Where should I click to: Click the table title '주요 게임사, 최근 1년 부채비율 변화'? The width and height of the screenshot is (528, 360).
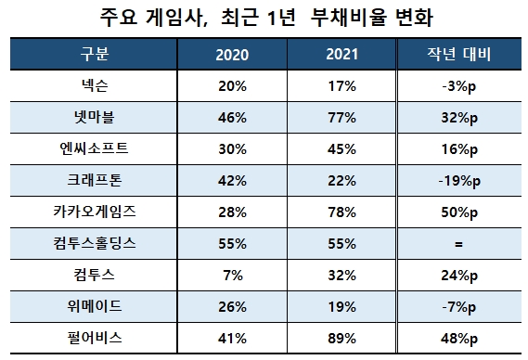[x=264, y=19]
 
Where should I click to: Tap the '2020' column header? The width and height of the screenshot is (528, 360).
[x=231, y=54]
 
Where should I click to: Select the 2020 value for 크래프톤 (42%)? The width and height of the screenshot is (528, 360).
[x=231, y=181]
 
